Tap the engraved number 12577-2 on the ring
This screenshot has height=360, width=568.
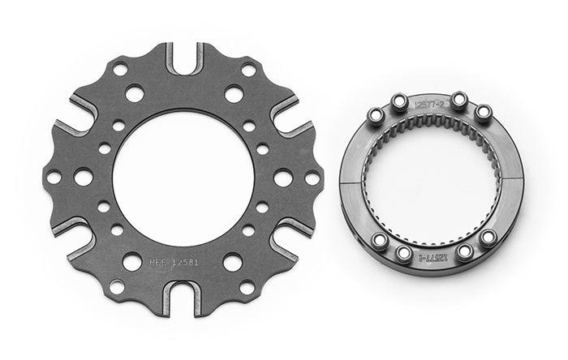click(428, 105)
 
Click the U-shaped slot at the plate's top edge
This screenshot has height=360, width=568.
click(185, 57)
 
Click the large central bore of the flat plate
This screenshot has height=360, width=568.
click(184, 176)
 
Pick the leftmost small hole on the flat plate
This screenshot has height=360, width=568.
click(54, 176)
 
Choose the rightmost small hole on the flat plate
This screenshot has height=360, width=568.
click(312, 177)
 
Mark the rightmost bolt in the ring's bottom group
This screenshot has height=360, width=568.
click(488, 238)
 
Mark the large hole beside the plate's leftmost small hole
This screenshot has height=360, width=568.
click(83, 176)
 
